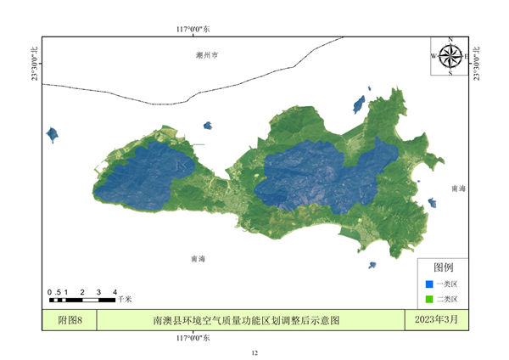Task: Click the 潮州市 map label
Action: [x=206, y=54]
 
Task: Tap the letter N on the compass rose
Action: [x=450, y=39]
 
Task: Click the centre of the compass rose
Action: [x=450, y=56]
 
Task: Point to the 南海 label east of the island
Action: [x=458, y=188]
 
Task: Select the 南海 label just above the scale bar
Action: [x=199, y=258]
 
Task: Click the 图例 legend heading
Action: [x=444, y=267]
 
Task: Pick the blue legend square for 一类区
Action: [x=428, y=284]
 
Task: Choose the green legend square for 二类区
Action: [x=428, y=299]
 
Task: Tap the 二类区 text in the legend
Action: [x=447, y=299]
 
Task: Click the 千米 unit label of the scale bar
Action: [x=125, y=300]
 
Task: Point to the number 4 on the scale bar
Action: [x=115, y=292]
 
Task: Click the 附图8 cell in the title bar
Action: [x=69, y=320]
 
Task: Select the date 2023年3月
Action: [x=436, y=320]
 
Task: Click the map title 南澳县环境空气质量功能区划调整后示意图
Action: [x=246, y=320]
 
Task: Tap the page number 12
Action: [x=254, y=352]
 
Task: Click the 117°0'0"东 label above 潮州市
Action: [x=193, y=30]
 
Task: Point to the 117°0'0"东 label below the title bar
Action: [x=193, y=337]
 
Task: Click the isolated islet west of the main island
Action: [x=53, y=134]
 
